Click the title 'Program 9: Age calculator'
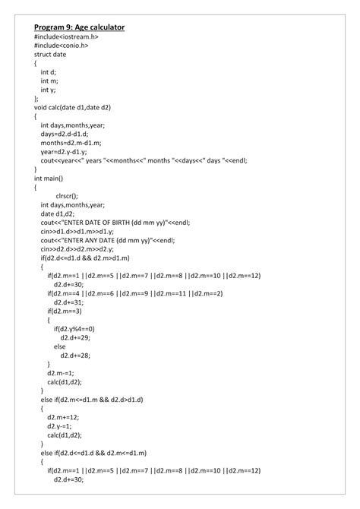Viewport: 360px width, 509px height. (x=79, y=27)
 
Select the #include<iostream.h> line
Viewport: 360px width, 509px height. (x=66, y=37)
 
